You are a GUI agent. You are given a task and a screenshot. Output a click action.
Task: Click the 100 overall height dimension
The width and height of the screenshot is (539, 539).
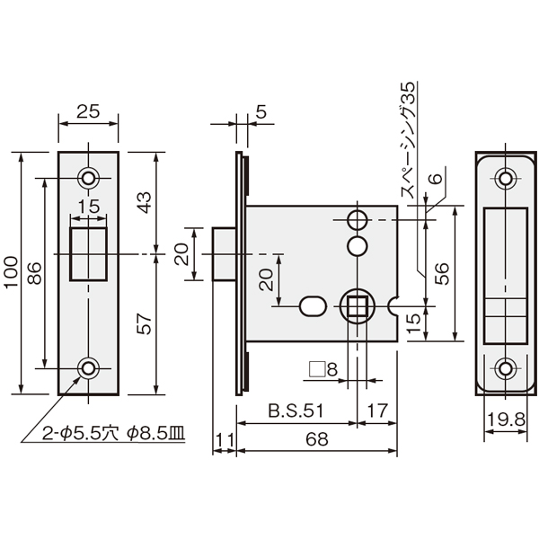[12, 272]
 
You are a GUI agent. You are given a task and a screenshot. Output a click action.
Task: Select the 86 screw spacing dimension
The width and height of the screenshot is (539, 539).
[34, 273]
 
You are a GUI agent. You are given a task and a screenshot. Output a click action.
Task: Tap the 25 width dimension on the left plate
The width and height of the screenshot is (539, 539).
[88, 111]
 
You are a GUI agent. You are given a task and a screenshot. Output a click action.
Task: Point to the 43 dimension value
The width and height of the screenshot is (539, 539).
[144, 202]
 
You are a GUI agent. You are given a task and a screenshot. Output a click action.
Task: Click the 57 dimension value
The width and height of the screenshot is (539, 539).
[144, 323]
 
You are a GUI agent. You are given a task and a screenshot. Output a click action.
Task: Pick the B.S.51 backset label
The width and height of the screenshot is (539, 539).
[296, 411]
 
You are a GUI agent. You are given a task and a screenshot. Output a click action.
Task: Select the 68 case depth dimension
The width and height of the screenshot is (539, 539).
[317, 439]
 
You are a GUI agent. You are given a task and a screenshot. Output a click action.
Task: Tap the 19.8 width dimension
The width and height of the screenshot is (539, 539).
[507, 420]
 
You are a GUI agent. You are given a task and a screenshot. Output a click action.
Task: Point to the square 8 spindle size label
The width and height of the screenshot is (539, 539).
[323, 369]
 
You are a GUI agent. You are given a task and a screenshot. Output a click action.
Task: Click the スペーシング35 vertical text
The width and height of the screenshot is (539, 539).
[408, 139]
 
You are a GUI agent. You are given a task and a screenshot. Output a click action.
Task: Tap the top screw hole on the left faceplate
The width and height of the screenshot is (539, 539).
[88, 178]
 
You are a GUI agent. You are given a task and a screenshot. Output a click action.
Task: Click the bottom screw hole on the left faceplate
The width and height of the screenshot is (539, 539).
[88, 368]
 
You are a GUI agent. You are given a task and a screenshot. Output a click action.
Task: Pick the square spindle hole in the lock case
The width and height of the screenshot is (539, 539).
[358, 306]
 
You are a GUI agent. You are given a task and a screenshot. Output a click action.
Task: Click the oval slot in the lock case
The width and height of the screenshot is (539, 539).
[313, 306]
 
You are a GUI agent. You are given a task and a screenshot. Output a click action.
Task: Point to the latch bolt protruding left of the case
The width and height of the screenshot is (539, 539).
[224, 253]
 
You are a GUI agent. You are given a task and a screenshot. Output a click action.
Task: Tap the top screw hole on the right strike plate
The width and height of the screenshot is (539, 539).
[505, 179]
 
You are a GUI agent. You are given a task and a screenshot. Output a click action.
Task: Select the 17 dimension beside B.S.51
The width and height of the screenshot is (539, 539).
[377, 411]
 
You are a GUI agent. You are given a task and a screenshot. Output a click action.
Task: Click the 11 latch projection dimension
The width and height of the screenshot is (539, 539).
[225, 439]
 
